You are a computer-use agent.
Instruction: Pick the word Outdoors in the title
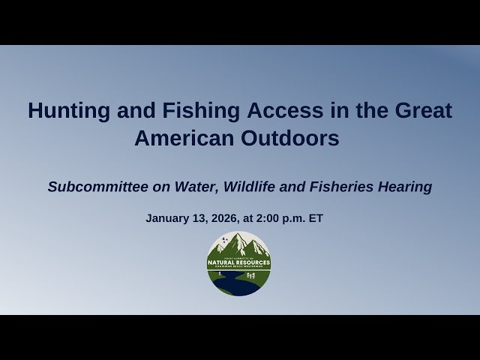(x=294, y=139)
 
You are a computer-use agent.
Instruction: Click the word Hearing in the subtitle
(x=405, y=187)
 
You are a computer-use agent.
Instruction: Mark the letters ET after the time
(x=316, y=219)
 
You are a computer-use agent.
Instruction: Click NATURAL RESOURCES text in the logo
(x=238, y=263)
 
